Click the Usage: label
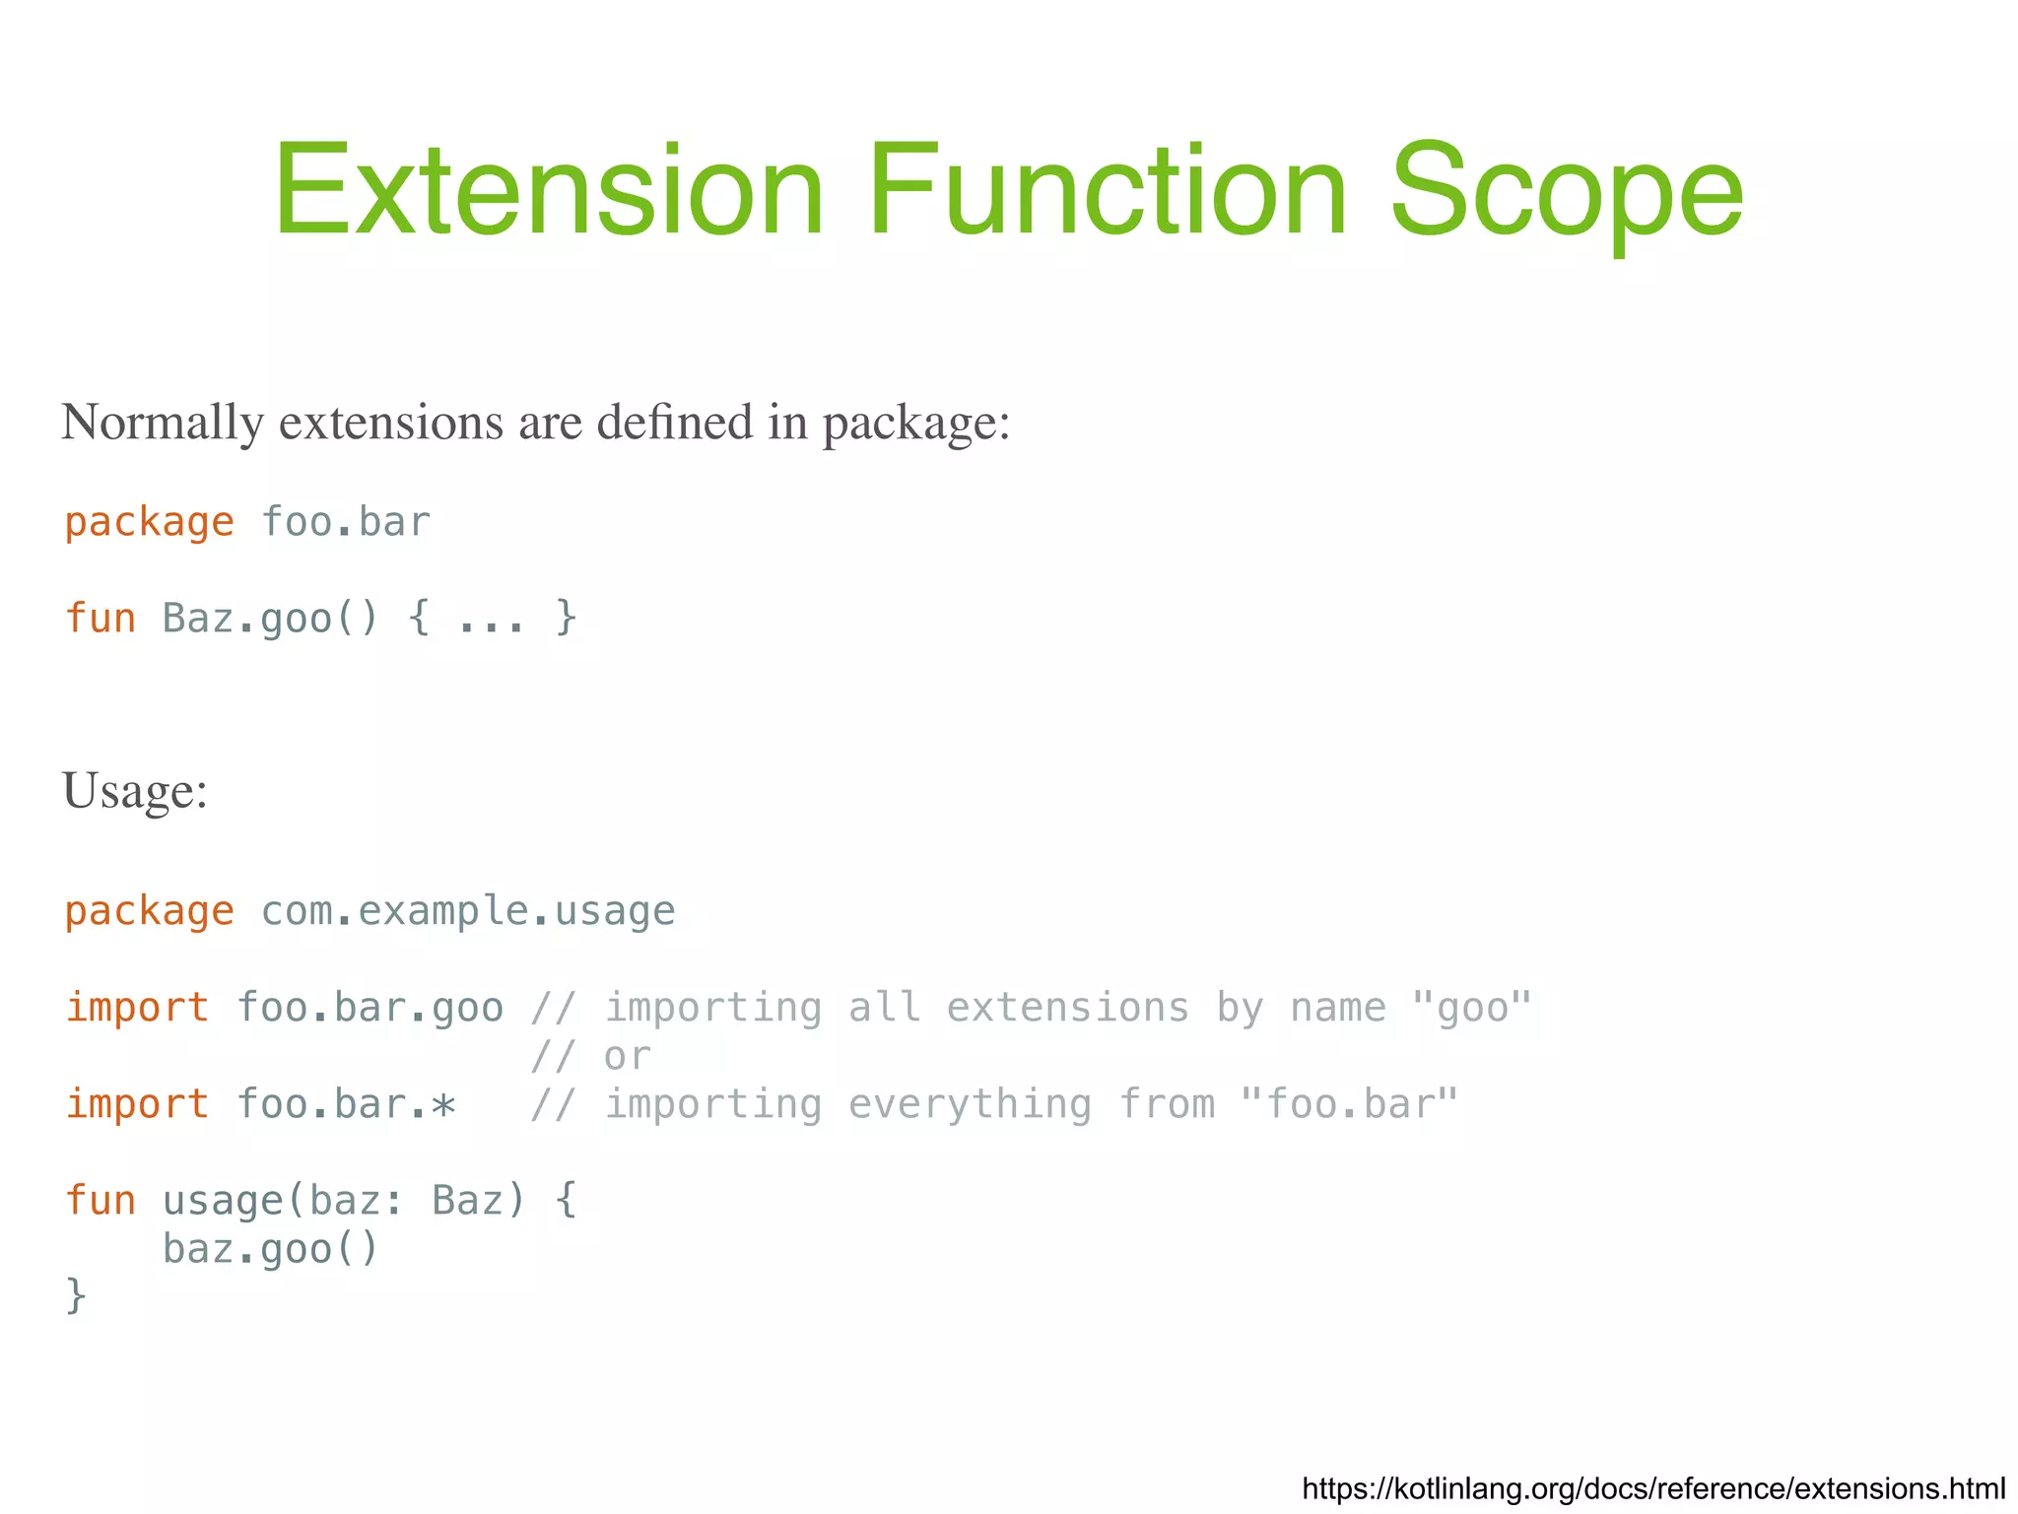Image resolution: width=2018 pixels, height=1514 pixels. [135, 791]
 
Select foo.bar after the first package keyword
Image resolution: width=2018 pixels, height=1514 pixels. [346, 522]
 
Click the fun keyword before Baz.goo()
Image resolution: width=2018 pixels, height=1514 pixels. [100, 619]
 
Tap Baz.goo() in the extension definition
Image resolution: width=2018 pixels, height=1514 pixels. [270, 619]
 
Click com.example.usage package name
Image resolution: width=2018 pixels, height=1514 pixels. [468, 911]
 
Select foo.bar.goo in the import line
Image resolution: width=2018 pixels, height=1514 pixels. [370, 1008]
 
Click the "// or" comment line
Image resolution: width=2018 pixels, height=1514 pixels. [590, 1057]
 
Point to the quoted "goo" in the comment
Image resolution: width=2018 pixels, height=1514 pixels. [1472, 1008]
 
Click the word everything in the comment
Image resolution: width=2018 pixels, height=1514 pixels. [970, 1104]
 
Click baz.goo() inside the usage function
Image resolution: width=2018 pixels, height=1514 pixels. [270, 1249]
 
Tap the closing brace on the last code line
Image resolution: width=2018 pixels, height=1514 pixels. [76, 1296]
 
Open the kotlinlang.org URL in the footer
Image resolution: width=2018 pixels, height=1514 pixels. [1653, 1488]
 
